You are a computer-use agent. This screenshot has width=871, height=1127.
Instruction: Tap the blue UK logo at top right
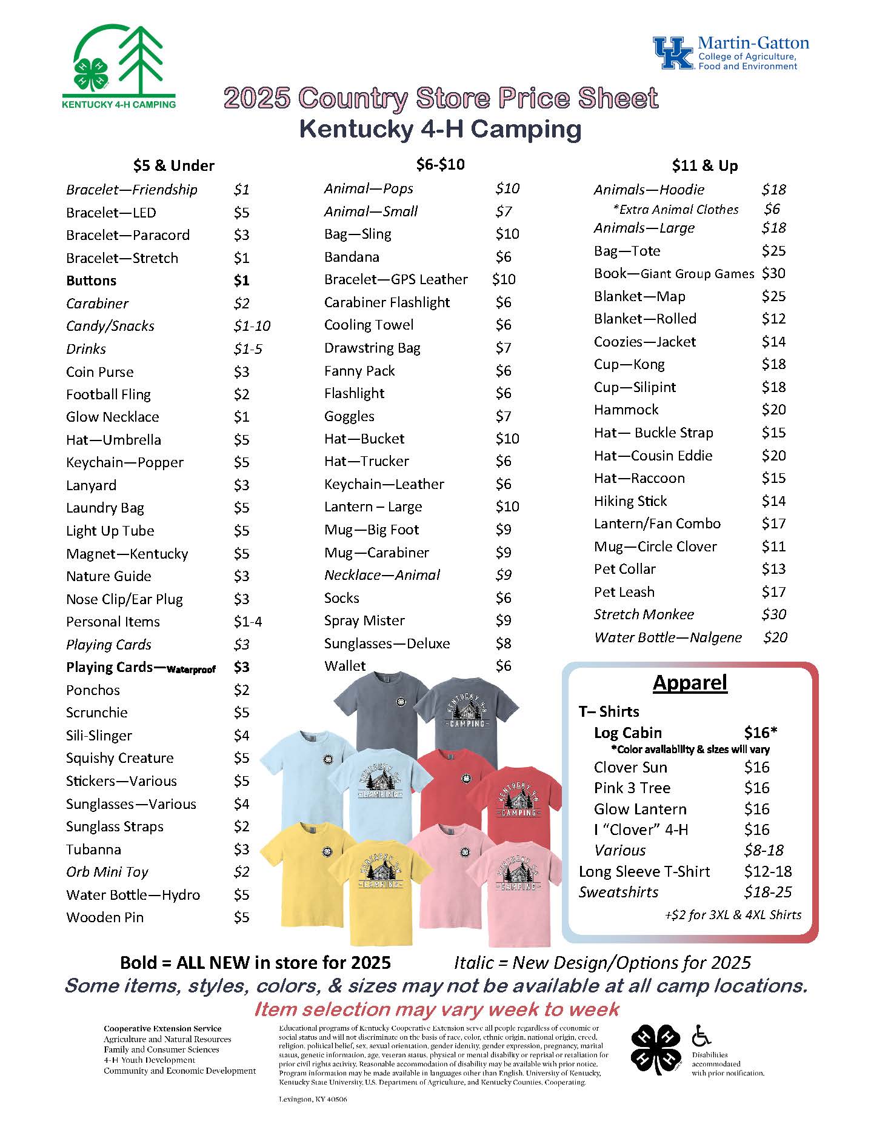[x=673, y=53]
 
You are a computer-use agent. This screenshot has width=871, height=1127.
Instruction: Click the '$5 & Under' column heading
[x=173, y=165]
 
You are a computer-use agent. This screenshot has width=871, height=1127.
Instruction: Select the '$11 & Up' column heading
[x=704, y=165]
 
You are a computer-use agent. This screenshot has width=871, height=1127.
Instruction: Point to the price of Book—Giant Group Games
[x=773, y=273]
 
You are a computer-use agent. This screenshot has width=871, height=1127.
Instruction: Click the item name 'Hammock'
[x=626, y=410]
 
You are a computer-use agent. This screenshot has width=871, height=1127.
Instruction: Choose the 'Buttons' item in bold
[x=91, y=281]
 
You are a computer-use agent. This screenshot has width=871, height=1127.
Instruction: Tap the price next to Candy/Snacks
[x=252, y=326]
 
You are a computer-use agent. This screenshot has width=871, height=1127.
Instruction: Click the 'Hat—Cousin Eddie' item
[x=653, y=456]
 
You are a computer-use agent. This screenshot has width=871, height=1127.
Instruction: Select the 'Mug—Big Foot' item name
[x=371, y=530]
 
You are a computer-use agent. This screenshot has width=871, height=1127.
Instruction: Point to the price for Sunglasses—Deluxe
[x=503, y=643]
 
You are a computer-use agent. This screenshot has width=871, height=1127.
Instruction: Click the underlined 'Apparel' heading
[x=689, y=683]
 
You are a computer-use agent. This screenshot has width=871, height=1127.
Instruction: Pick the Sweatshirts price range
[x=767, y=892]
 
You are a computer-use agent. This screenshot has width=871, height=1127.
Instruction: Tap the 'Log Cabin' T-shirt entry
[x=627, y=733]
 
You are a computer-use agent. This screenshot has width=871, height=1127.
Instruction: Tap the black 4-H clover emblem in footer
[x=656, y=1048]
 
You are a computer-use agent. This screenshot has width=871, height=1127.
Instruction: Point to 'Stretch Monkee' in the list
[x=644, y=614]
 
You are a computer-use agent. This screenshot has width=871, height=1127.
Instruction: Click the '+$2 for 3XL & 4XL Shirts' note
[x=732, y=915]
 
